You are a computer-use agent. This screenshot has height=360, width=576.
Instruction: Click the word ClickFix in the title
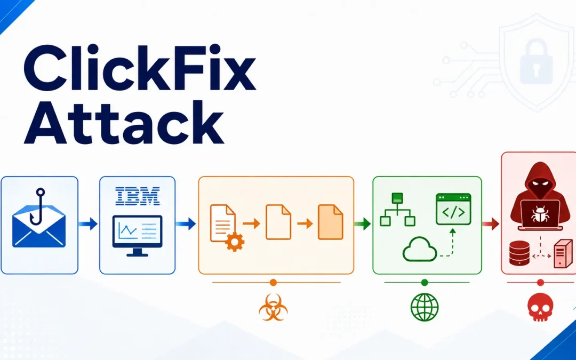pyautogui.click(x=140, y=68)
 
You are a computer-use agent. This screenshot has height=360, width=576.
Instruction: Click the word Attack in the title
pyautogui.click(x=124, y=122)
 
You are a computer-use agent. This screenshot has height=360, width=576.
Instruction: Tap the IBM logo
pyautogui.click(x=138, y=196)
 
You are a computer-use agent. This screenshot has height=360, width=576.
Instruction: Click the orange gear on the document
pyautogui.click(x=235, y=242)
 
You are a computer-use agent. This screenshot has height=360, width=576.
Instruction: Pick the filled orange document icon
pyautogui.click(x=331, y=222)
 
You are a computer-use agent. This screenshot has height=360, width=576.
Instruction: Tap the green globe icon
pyautogui.click(x=425, y=307)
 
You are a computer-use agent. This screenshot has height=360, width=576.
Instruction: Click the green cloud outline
pyautogui.click(x=420, y=249)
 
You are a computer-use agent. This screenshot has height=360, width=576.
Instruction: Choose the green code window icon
pyautogui.click(x=453, y=209)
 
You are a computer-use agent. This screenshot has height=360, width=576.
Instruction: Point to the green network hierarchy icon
pyautogui.click(x=397, y=209)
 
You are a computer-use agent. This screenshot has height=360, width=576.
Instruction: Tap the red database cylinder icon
pyautogui.click(x=519, y=253)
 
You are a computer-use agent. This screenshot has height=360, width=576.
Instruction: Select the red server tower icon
pyautogui.click(x=563, y=253)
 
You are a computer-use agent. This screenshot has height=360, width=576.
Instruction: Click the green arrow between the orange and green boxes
pyautogui.click(x=363, y=223)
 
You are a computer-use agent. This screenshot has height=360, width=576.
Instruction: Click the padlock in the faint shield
pyautogui.click(x=536, y=61)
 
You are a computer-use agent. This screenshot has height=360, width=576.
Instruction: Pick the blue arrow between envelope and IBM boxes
pyautogui.click(x=88, y=223)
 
